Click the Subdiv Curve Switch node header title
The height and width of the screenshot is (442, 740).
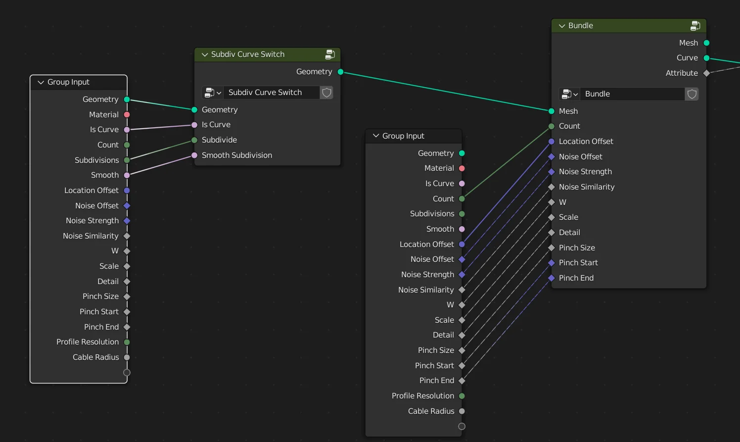(x=247, y=54)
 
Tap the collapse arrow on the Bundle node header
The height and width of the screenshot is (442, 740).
(x=562, y=26)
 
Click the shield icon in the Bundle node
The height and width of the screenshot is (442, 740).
(x=692, y=94)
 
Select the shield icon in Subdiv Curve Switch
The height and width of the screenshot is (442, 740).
(x=326, y=93)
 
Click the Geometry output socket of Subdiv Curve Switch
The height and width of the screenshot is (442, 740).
(x=340, y=72)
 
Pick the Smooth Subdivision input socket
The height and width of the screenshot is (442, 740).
(x=194, y=155)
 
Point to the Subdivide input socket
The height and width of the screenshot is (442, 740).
(x=194, y=140)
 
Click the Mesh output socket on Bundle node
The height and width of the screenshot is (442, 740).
(x=706, y=43)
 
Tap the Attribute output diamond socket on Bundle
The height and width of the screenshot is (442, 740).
(x=706, y=73)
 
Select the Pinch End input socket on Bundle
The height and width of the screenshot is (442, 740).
(x=552, y=278)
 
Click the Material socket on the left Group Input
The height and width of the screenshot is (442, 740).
(x=127, y=115)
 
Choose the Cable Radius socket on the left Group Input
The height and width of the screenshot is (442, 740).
(x=127, y=357)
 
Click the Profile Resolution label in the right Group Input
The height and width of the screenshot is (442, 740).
(x=422, y=396)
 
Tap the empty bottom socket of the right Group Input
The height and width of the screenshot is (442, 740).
(x=462, y=426)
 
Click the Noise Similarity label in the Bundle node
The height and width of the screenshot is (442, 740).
(x=586, y=187)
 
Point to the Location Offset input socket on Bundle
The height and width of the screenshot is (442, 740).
(x=552, y=142)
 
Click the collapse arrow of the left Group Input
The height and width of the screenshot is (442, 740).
(x=41, y=82)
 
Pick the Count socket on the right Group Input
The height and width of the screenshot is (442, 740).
(x=462, y=199)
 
